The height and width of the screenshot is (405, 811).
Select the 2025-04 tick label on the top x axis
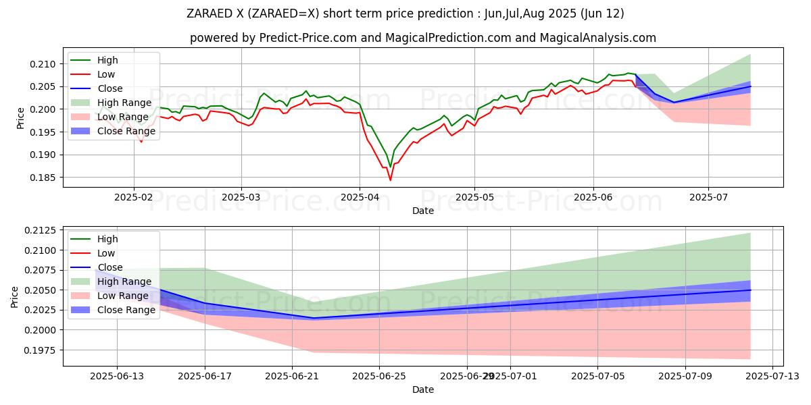(x=359, y=196)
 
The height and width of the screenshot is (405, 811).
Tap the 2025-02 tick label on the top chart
(x=133, y=196)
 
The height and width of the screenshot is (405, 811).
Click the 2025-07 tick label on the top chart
(x=708, y=196)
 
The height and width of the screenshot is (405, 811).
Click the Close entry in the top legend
(x=110, y=88)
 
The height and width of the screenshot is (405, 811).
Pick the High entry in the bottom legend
(x=107, y=239)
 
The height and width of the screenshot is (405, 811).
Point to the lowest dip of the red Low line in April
(x=390, y=180)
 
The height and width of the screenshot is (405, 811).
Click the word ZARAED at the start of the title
(x=211, y=13)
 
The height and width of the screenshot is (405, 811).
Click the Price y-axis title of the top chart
(x=20, y=118)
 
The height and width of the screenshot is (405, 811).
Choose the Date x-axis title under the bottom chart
(x=423, y=389)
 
